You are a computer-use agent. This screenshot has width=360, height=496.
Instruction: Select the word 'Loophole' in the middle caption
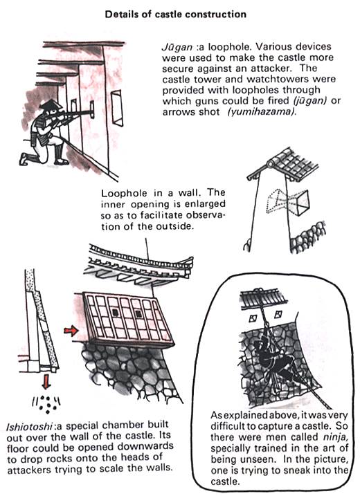(123, 193)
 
